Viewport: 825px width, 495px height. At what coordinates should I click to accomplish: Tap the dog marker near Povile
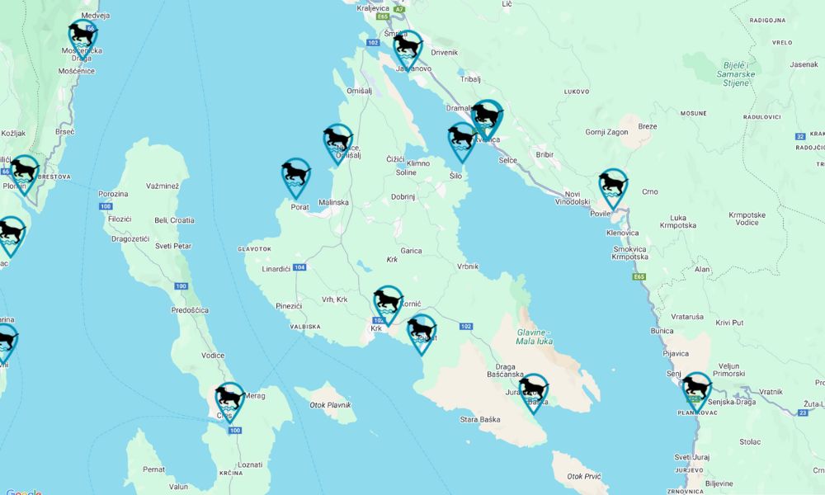(612, 186)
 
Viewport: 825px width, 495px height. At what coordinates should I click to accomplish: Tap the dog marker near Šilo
(461, 139)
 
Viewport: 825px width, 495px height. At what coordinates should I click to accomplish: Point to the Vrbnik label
(467, 266)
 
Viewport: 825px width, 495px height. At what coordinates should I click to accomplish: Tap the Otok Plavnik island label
(330, 405)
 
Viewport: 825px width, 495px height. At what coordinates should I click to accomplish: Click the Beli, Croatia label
(174, 220)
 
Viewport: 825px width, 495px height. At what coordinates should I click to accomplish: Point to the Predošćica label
(190, 310)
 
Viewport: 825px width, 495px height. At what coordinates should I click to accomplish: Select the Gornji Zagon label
(606, 132)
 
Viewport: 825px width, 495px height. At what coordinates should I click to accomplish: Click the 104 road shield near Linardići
(299, 267)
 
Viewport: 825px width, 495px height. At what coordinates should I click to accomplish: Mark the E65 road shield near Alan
(639, 276)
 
